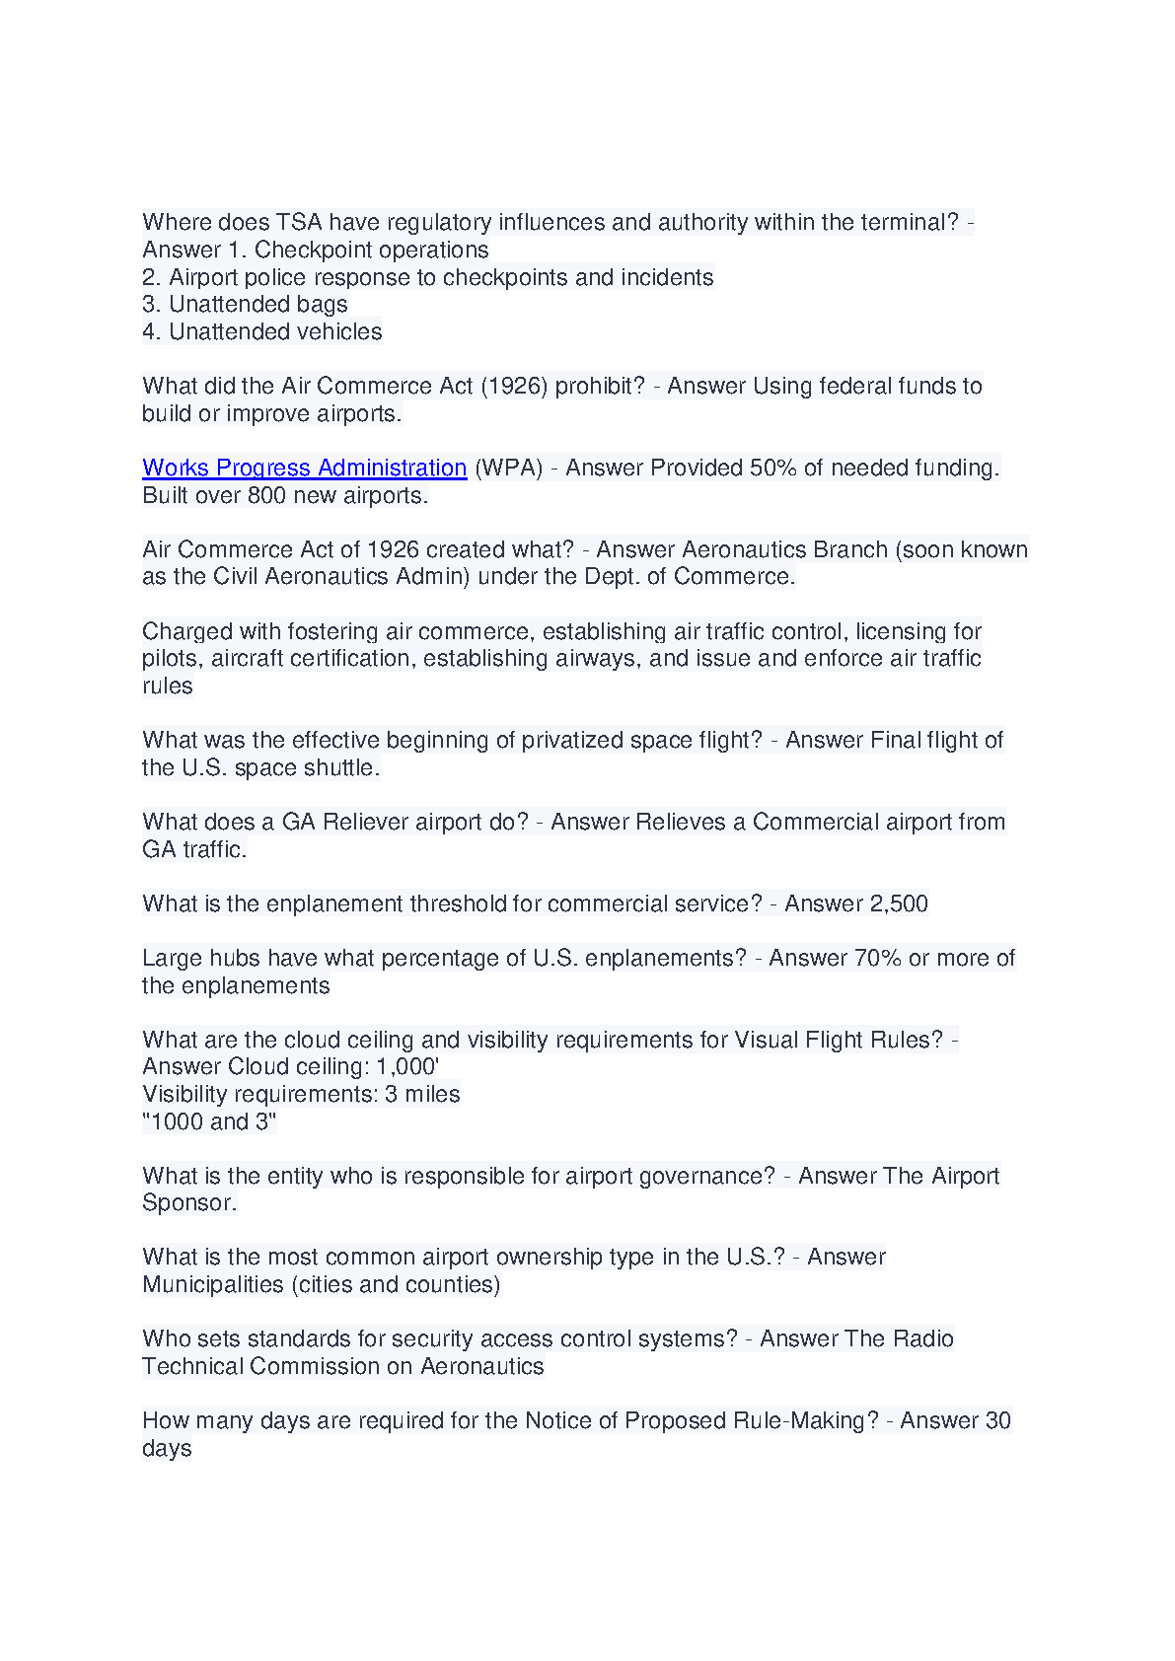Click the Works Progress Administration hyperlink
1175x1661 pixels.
[304, 468]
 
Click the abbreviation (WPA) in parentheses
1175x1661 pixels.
[509, 468]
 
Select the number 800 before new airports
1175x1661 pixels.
[266, 495]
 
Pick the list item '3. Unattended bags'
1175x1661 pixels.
[245, 304]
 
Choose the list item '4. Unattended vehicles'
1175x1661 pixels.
[261, 331]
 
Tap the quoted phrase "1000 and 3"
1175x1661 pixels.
[209, 1121]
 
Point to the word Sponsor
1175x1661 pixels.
[187, 1202]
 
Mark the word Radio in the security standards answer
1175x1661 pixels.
[923, 1338]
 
